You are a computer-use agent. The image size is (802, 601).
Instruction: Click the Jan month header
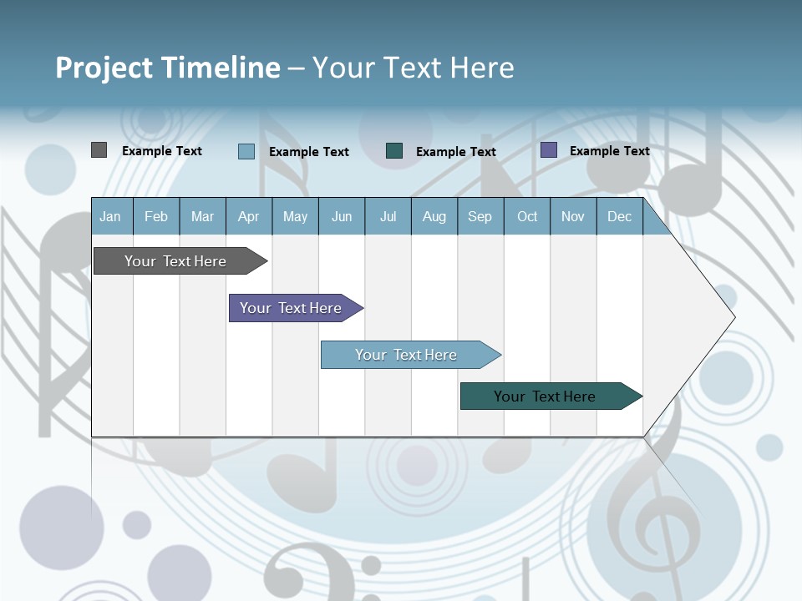(x=110, y=216)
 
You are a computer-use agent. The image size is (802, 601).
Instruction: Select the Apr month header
(x=248, y=216)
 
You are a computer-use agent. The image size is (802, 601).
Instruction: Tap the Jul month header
(x=388, y=216)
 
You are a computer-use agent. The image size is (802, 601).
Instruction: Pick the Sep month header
(x=480, y=216)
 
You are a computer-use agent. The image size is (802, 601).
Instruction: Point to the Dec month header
(x=619, y=216)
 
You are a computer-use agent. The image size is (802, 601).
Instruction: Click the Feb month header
(x=156, y=216)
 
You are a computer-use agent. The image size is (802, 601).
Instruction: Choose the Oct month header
(x=527, y=216)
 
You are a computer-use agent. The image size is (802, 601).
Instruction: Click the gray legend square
(x=99, y=150)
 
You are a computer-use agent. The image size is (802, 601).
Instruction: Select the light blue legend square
(x=246, y=151)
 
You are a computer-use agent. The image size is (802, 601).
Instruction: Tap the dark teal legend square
(x=394, y=151)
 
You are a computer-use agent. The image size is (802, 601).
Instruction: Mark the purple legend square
(x=549, y=150)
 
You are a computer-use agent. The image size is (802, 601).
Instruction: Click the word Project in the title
(x=104, y=68)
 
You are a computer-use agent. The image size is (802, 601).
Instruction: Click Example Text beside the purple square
(x=609, y=151)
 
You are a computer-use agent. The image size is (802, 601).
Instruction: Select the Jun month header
(x=342, y=216)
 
